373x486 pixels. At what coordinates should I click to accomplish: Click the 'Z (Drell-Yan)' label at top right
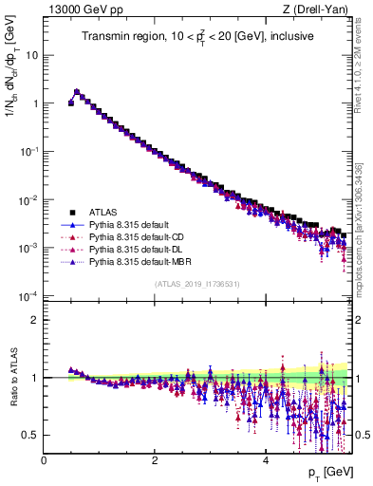pyautogui.click(x=320, y=9)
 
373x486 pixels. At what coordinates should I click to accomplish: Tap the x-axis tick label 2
pyautogui.click(x=155, y=460)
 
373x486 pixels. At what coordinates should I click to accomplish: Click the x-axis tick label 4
pyautogui.click(x=265, y=460)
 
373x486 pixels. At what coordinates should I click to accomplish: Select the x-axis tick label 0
pyautogui.click(x=44, y=460)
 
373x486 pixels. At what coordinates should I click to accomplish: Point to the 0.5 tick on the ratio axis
pyautogui.click(x=31, y=435)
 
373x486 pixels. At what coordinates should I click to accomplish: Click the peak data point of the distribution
pyautogui.click(x=77, y=92)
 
